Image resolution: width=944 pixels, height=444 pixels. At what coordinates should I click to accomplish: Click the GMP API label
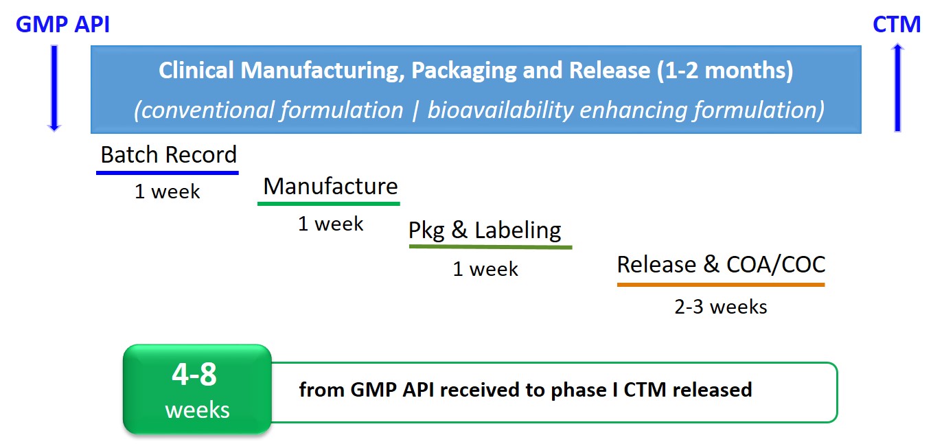tap(62, 25)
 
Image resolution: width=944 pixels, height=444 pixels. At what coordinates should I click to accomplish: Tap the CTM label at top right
tap(897, 25)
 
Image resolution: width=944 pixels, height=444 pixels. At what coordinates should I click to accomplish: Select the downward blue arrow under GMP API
tap(54, 89)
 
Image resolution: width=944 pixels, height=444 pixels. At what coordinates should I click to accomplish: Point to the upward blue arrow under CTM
tap(897, 88)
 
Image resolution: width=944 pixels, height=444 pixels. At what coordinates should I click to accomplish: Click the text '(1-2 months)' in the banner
tap(725, 71)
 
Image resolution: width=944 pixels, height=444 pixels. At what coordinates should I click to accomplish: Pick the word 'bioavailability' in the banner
tap(500, 110)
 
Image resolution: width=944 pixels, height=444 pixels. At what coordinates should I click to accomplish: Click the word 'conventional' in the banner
tap(205, 110)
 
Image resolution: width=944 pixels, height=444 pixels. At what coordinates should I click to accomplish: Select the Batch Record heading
tap(169, 154)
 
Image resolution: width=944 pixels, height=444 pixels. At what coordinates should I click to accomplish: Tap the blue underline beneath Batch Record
tap(168, 173)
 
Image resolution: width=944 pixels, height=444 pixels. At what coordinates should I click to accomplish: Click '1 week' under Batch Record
tap(168, 191)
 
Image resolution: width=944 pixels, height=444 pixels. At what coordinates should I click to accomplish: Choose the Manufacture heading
tap(330, 186)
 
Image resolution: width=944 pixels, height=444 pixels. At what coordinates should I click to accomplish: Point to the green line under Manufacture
tap(329, 204)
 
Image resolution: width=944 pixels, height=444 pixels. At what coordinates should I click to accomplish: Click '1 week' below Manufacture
tap(331, 224)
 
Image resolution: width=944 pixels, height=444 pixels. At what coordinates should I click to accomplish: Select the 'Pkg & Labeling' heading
tap(485, 231)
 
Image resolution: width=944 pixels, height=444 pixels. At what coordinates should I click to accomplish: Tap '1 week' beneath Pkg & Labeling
tap(485, 269)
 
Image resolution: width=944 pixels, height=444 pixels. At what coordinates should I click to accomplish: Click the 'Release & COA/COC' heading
tap(721, 264)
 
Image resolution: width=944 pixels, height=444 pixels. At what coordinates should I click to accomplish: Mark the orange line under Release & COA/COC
tap(721, 285)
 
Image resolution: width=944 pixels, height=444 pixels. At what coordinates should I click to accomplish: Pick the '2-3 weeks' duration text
tap(721, 307)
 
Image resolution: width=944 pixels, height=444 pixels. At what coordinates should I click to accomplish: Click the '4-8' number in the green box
tap(194, 374)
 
